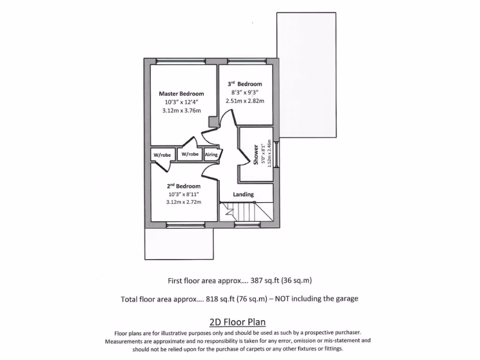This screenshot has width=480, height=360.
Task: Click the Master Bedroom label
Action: (181, 93)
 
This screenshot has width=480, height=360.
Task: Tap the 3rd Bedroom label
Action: (245, 84)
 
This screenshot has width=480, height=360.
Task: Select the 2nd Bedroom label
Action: (183, 186)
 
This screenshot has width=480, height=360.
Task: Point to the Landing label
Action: (243, 194)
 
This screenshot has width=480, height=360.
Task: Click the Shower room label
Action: (256, 154)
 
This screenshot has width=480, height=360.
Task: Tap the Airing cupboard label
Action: (211, 154)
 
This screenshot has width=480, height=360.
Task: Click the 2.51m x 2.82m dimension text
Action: (245, 101)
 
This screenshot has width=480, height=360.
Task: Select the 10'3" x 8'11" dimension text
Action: (183, 194)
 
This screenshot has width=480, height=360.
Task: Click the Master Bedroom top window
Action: (180, 60)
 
